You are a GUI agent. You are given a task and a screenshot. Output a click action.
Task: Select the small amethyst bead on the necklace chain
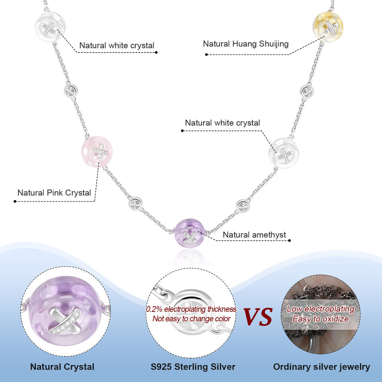(x=190, y=236)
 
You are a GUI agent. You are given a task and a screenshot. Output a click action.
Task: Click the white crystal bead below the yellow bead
(x=283, y=153)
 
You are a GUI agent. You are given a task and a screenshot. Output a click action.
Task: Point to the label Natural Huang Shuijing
(x=246, y=44)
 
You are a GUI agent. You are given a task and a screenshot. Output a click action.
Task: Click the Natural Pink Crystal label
(x=54, y=193)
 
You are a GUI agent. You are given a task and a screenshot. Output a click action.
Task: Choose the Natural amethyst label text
(x=254, y=235)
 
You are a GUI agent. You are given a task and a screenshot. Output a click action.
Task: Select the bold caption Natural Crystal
(x=62, y=366)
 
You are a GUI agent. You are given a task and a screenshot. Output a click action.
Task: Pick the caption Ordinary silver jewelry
(x=322, y=366)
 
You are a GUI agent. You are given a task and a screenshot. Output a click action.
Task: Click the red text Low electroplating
(x=320, y=309)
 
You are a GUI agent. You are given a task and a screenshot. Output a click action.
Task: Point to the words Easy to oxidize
(x=320, y=319)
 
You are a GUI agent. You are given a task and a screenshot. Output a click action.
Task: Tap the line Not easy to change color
(x=191, y=318)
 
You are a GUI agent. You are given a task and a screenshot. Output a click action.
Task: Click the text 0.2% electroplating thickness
(x=191, y=309)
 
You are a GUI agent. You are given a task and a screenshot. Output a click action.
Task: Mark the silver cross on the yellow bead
(x=330, y=27)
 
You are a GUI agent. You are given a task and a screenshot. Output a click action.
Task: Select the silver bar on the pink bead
(x=100, y=151)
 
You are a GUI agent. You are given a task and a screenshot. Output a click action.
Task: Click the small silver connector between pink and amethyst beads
(x=135, y=206)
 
